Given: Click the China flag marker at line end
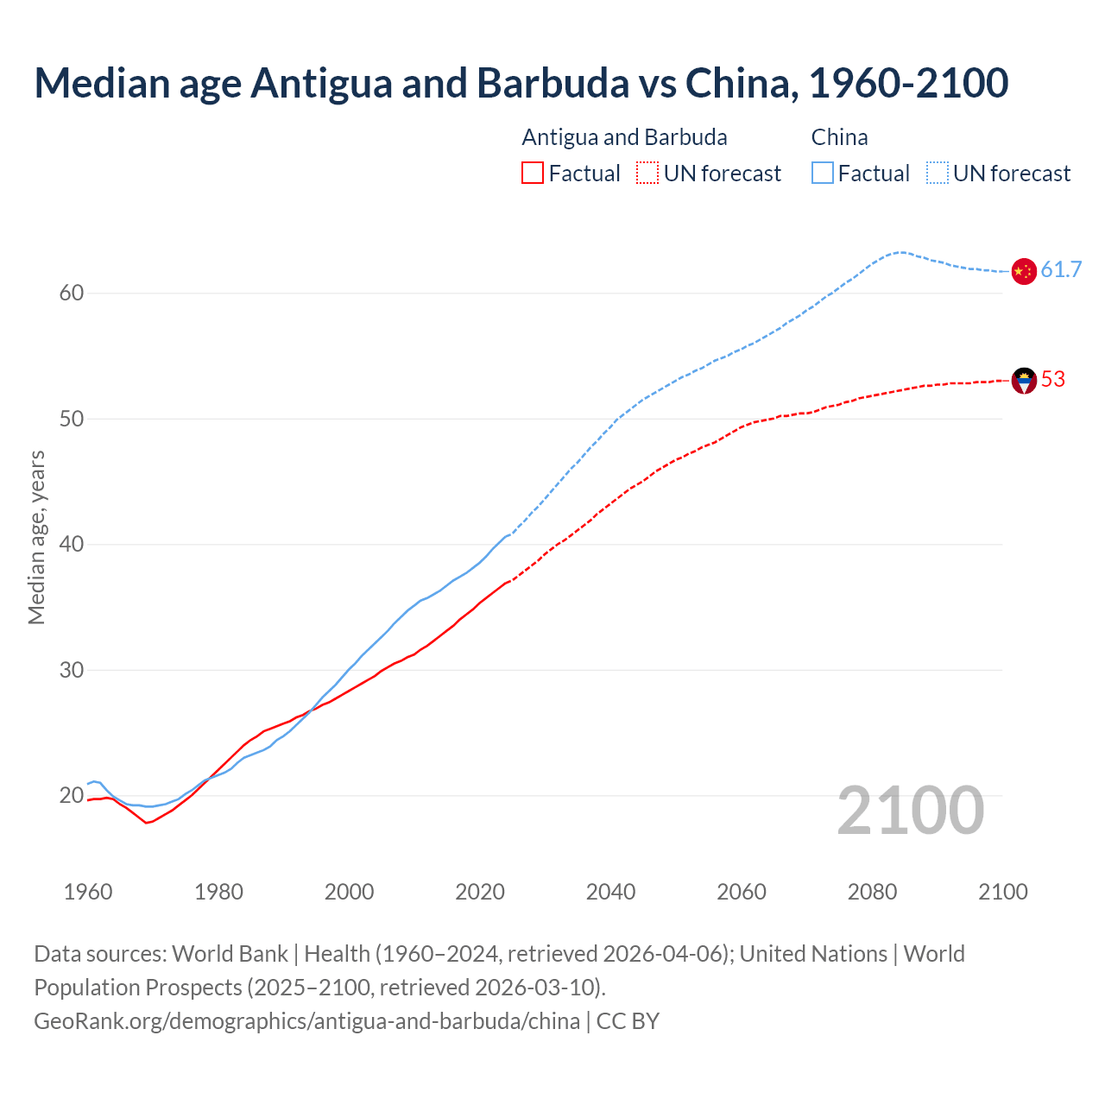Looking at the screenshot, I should [x=1023, y=271].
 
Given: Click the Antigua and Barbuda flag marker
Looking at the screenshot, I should [x=1023, y=380].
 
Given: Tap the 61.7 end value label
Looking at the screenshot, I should [x=1061, y=270].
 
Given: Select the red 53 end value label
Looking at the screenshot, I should [x=1052, y=380].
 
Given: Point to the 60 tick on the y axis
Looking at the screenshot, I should [x=72, y=294].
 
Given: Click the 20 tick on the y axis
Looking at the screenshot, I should [x=72, y=796].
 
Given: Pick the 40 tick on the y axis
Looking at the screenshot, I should [x=72, y=545].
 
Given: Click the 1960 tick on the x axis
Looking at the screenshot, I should [x=88, y=892].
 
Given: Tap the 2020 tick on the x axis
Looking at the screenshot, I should [x=480, y=892].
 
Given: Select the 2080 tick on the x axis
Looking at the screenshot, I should [x=872, y=892].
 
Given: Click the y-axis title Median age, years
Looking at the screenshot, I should [x=36, y=537].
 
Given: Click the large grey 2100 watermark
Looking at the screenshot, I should [x=910, y=811].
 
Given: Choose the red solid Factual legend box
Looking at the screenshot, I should [x=533, y=174].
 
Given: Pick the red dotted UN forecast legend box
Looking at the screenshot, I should [x=647, y=174].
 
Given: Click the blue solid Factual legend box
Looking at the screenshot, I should [x=823, y=174].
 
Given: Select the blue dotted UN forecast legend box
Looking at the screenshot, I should [x=938, y=174].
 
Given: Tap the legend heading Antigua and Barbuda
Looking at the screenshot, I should [x=624, y=137].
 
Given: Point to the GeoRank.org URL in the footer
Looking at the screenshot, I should [x=306, y=1021].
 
